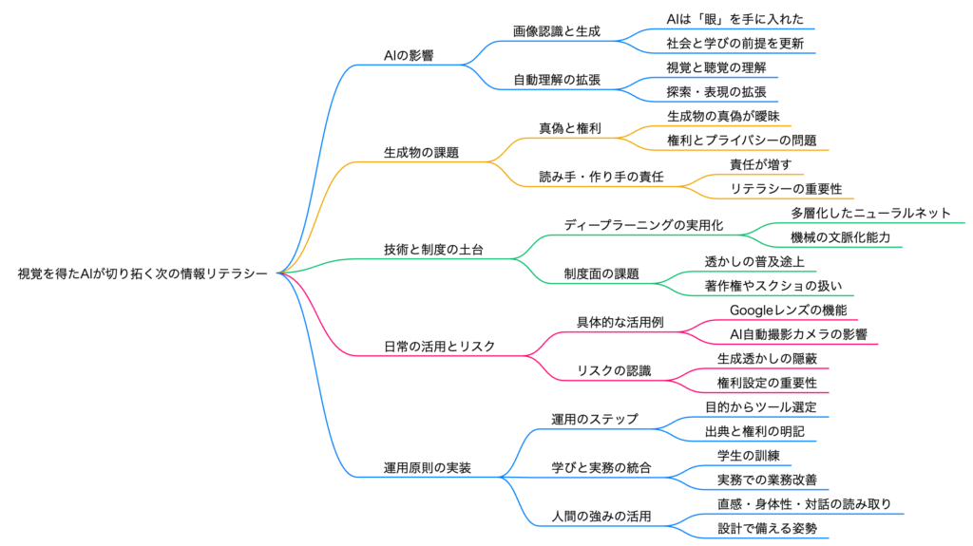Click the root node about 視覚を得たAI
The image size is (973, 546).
point(143,273)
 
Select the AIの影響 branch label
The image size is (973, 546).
point(409,56)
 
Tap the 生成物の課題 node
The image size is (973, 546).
point(421,152)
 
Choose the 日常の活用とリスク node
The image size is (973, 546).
point(439,346)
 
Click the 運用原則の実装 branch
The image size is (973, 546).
point(427,467)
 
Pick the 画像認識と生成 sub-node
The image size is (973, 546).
point(557,31)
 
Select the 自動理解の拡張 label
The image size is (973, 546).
point(557,80)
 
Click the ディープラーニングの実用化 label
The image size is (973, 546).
point(643,225)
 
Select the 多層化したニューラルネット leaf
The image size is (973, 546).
point(870,213)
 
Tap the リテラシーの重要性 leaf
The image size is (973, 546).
point(786,188)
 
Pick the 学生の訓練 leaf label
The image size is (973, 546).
point(748,455)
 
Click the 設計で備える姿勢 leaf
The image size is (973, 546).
point(767,527)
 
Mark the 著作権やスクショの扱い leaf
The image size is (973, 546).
point(773,285)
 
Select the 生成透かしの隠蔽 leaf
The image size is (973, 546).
point(767,358)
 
